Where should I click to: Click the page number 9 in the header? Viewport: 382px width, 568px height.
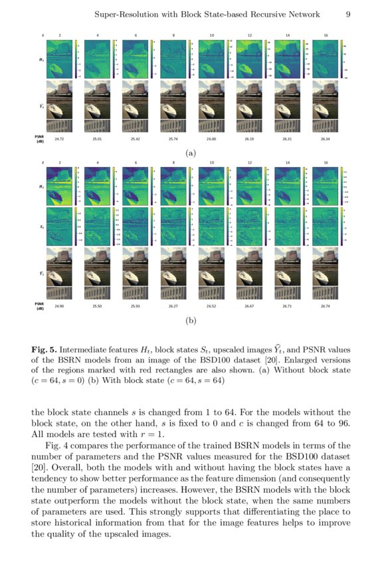[348, 13]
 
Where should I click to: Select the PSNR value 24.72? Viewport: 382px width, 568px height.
[59, 139]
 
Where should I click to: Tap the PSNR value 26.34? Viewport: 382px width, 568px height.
[326, 139]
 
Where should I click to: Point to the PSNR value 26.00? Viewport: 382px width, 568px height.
[211, 139]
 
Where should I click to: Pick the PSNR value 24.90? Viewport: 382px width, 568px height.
[59, 306]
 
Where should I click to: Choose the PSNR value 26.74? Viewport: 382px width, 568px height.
[326, 306]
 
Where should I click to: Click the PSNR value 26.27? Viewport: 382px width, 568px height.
[173, 306]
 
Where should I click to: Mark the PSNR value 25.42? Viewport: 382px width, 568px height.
[136, 139]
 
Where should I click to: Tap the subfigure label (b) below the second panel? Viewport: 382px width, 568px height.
[191, 321]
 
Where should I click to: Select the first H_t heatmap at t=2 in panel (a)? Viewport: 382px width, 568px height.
[59, 59]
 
